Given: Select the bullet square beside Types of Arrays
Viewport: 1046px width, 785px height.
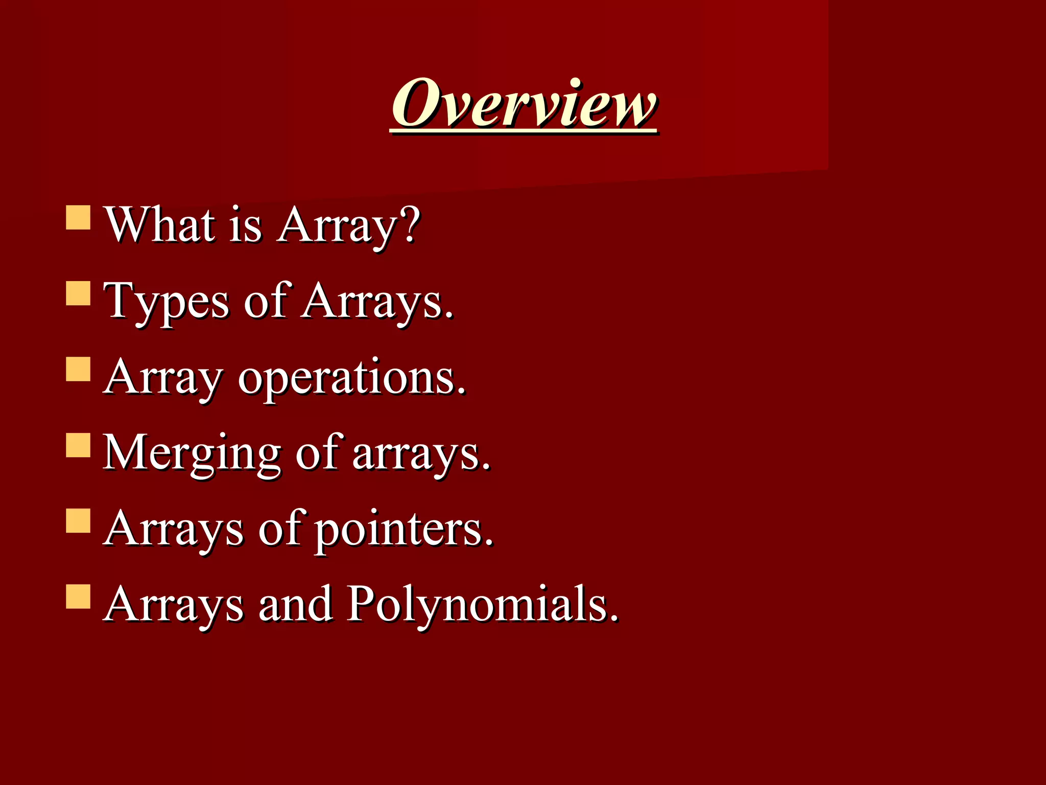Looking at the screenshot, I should (78, 293).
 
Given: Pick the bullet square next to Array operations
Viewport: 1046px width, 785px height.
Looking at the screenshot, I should (78, 369).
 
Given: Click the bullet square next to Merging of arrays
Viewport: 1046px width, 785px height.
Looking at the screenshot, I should (78, 445).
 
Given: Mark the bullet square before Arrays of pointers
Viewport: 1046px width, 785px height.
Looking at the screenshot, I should (78, 520).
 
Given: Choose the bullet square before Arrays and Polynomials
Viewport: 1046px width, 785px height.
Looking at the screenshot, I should (78, 596).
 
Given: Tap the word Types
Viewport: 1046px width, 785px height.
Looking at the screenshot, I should (167, 302).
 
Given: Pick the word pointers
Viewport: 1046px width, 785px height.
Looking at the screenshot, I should (403, 529).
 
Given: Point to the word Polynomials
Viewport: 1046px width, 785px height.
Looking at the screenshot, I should (483, 605).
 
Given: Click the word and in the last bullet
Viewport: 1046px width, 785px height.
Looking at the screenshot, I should (296, 605).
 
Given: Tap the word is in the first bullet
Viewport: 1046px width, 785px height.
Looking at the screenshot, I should (245, 225).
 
